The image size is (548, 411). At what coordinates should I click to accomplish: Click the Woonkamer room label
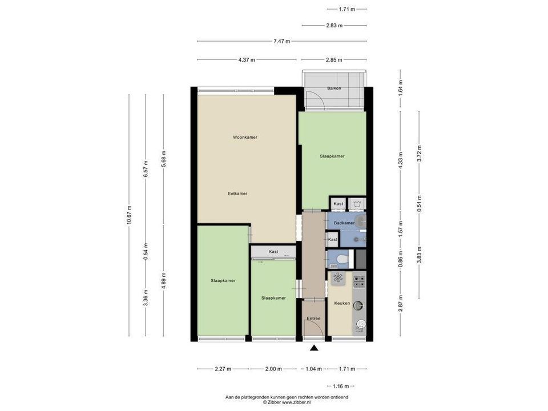[244, 137]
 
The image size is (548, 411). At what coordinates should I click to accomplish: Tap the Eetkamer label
[237, 194]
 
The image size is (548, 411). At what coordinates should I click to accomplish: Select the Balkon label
[334, 88]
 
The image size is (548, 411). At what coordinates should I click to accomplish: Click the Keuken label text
[342, 303]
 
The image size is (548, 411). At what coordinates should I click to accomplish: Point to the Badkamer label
[344, 223]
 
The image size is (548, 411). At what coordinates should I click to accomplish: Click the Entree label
[313, 319]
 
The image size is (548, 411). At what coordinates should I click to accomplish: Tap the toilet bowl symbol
[342, 260]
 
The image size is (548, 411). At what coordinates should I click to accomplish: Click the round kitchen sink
[359, 304]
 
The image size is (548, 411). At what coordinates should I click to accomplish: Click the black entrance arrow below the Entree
[314, 348]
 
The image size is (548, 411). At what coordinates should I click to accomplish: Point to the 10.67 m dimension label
[129, 215]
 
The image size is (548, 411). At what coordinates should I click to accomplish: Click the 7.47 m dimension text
[281, 41]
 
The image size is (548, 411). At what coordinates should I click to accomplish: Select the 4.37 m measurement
[246, 59]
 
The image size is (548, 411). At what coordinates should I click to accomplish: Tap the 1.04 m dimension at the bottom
[313, 369]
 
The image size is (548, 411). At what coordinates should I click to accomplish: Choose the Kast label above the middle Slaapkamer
[273, 251]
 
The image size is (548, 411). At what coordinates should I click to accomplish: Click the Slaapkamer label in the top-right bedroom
[332, 156]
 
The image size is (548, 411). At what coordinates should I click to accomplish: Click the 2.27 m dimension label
[223, 369]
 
